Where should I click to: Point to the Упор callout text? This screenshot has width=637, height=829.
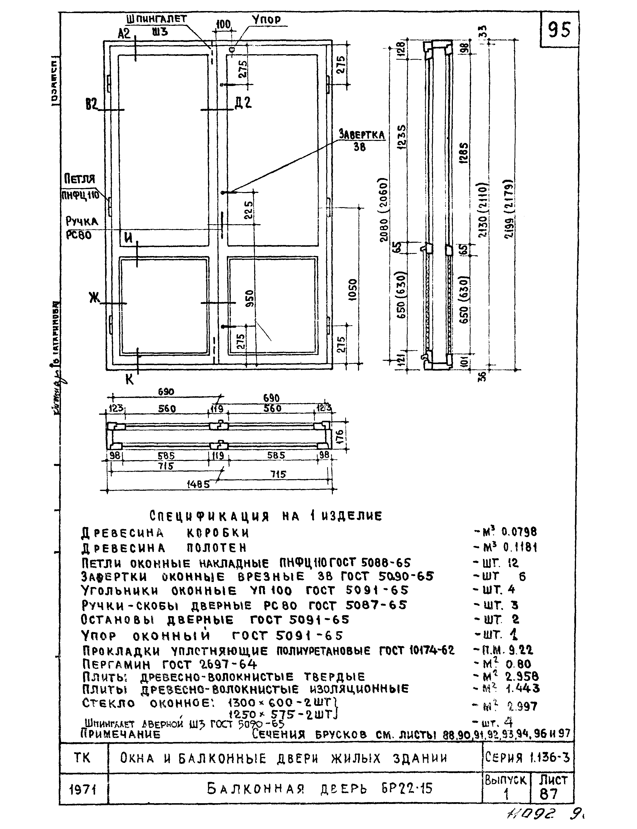(x=266, y=20)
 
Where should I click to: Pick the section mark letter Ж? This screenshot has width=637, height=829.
(x=94, y=298)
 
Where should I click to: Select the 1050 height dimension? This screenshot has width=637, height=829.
(x=353, y=290)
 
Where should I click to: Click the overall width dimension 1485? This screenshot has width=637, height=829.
(x=198, y=485)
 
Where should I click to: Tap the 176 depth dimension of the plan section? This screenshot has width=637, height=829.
(x=339, y=438)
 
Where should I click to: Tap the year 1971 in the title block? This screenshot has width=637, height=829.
(x=83, y=790)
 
